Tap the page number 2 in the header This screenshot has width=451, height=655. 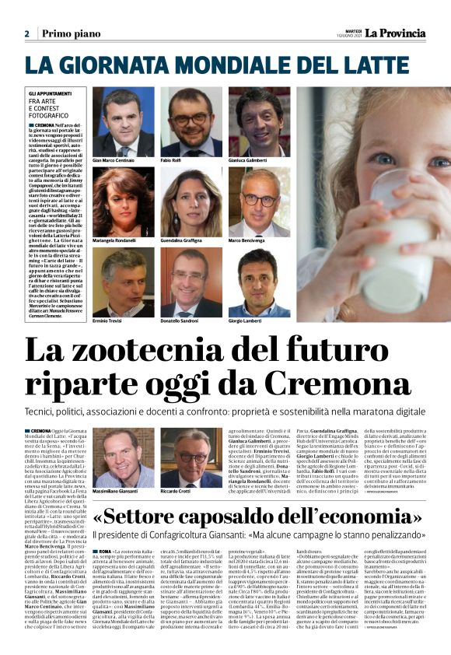tap(26, 34)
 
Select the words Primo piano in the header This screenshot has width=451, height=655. tap(69, 34)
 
